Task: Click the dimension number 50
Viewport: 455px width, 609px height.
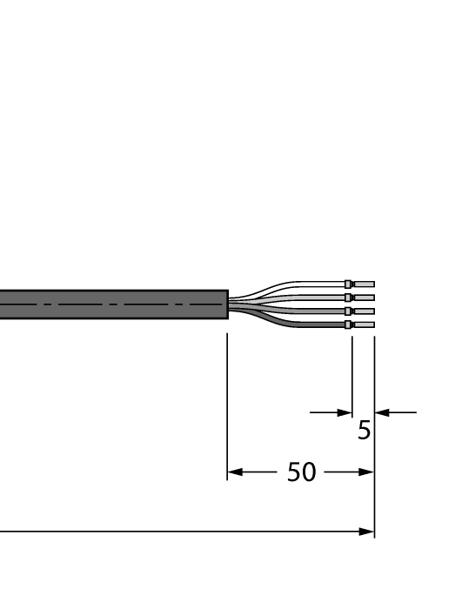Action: pyautogui.click(x=301, y=472)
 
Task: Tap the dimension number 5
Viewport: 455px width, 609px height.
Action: pyautogui.click(x=364, y=430)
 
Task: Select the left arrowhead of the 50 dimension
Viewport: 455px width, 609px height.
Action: pyautogui.click(x=232, y=473)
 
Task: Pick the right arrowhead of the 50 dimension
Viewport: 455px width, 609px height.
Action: pyautogui.click(x=368, y=473)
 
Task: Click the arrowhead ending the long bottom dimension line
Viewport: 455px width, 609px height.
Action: pyautogui.click(x=368, y=532)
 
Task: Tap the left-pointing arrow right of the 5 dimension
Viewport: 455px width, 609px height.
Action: pyautogui.click(x=381, y=412)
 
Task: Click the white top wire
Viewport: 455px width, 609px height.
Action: pyautogui.click(x=296, y=284)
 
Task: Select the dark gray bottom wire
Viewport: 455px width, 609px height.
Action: pyautogui.click(x=296, y=325)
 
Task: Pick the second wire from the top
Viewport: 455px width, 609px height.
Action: pyautogui.click(x=296, y=298)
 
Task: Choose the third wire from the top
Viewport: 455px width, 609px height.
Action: pyautogui.click(x=296, y=311)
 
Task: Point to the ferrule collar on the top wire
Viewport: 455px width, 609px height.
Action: pyautogui.click(x=349, y=284)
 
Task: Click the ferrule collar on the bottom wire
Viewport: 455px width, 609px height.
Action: pyautogui.click(x=349, y=325)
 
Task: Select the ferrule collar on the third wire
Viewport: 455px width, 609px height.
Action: pyautogui.click(x=349, y=311)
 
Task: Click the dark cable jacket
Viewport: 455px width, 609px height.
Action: pyautogui.click(x=113, y=304)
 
